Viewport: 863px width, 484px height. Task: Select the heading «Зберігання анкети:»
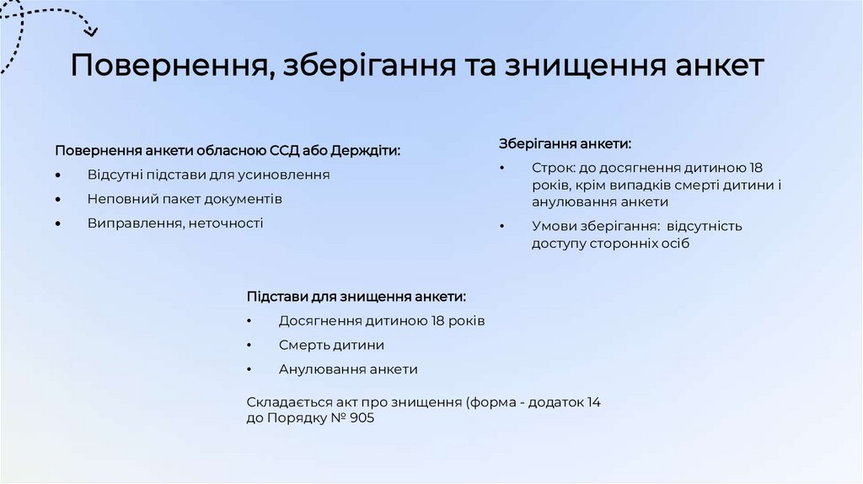click(x=565, y=144)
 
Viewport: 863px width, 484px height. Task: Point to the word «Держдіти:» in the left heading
click(x=366, y=151)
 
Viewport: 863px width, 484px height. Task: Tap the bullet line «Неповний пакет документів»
click(x=185, y=199)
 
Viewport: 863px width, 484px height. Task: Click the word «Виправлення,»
click(x=136, y=223)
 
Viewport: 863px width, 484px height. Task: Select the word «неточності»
click(x=226, y=223)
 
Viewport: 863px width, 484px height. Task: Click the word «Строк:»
click(x=553, y=168)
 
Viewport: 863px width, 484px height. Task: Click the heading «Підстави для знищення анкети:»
click(x=356, y=297)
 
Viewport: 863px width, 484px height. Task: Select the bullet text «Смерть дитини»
click(x=331, y=346)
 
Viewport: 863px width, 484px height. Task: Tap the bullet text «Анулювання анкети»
click(x=348, y=369)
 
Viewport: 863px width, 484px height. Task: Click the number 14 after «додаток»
click(x=593, y=402)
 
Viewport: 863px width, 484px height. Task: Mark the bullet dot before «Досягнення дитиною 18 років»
click(x=249, y=322)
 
